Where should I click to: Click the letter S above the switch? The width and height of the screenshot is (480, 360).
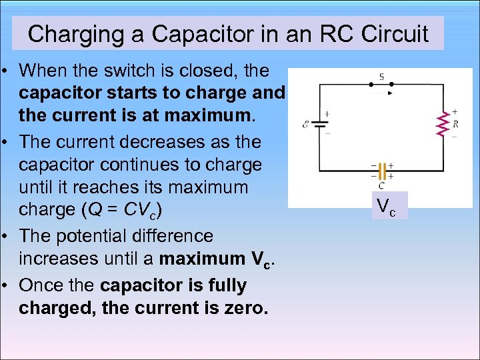point(381,77)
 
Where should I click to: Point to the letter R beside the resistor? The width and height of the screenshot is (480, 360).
point(455,123)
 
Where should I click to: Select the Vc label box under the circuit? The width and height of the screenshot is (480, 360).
point(386,207)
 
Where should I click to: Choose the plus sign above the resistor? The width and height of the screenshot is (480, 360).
point(455,111)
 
